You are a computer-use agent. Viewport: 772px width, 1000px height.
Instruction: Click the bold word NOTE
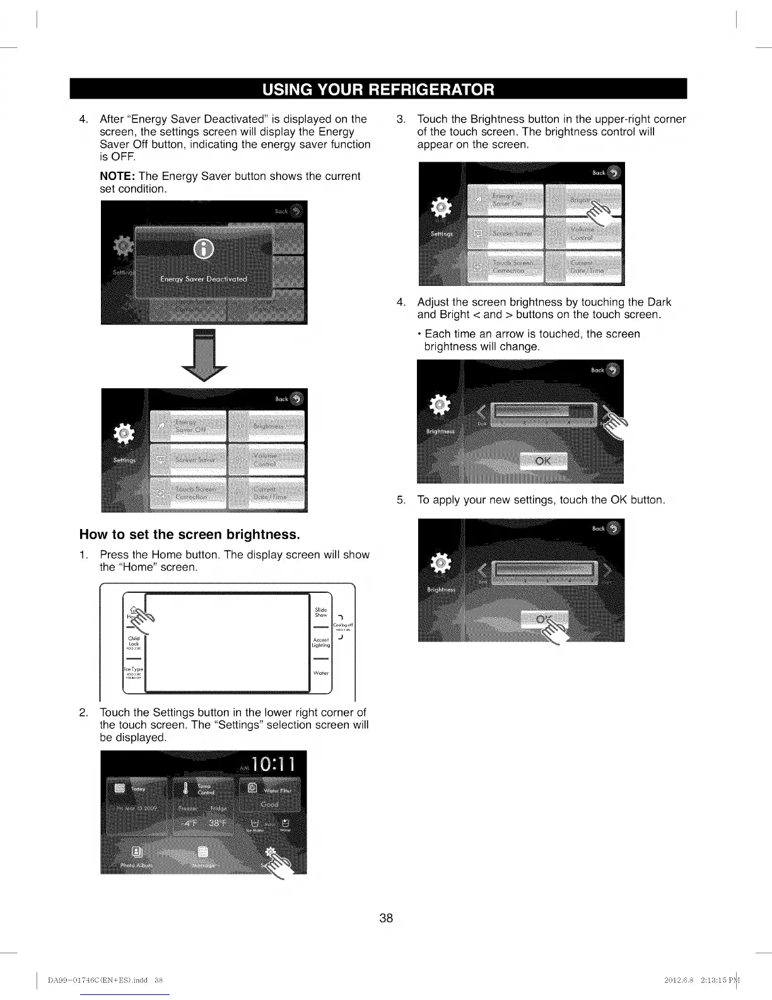click(117, 176)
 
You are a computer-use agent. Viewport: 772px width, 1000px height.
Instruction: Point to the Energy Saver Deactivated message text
click(204, 279)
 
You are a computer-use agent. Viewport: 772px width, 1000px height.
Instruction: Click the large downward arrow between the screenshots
click(204, 355)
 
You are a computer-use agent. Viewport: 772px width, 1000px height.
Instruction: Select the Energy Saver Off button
click(188, 426)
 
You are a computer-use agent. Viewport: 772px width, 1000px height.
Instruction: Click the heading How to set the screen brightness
click(189, 535)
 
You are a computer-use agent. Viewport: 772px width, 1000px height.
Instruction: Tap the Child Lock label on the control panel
click(134, 642)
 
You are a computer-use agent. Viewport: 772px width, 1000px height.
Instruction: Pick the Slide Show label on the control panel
click(321, 612)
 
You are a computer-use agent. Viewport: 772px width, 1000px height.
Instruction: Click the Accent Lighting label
click(321, 643)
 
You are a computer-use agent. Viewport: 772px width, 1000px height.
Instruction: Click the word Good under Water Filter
click(270, 805)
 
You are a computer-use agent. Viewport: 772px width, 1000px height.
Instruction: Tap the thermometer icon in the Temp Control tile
click(185, 789)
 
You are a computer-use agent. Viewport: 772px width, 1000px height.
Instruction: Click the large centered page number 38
click(386, 918)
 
